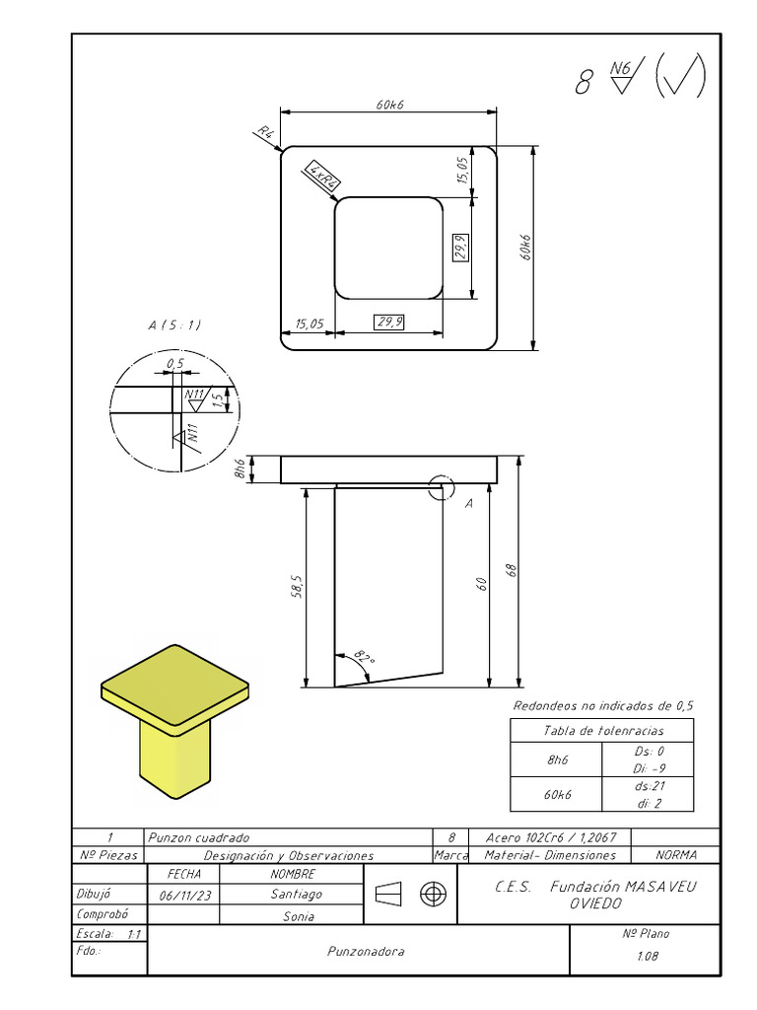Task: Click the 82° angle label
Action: (x=365, y=656)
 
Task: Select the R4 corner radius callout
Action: (x=265, y=132)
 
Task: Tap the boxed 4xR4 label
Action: (x=323, y=177)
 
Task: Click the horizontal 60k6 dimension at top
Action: (x=389, y=106)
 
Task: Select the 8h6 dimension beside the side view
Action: (x=239, y=469)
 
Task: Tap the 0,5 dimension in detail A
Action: (x=175, y=364)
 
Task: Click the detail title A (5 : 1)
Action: (x=174, y=325)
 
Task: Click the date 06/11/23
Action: (x=183, y=895)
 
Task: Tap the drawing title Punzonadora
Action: (x=366, y=952)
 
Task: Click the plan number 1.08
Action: (x=648, y=956)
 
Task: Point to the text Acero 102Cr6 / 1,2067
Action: (x=551, y=836)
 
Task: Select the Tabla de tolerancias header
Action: (x=603, y=731)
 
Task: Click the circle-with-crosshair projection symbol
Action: (x=433, y=894)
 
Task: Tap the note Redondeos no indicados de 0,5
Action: (x=603, y=705)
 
